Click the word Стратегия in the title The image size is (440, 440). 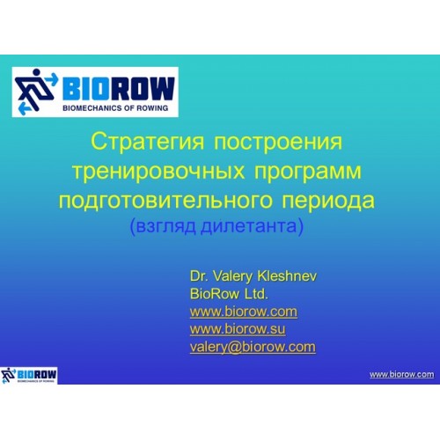coord(147,142)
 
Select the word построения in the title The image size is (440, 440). coord(278,142)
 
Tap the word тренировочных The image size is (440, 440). coord(158,171)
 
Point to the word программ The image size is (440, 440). coord(308,172)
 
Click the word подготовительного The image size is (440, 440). coord(165,201)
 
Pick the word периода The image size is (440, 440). coord(328,201)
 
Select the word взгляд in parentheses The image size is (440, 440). coord(163,227)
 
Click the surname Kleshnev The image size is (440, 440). coord(287,276)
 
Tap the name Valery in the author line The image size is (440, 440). coord(232,276)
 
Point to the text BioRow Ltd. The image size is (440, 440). coord(229,294)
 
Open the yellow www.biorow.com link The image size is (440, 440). coord(244,312)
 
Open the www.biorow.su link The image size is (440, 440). coord(238,329)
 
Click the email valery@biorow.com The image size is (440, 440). coord(253,348)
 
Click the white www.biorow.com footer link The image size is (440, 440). coord(402,375)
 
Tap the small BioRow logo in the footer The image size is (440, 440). coord(29,375)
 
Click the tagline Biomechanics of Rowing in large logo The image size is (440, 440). coord(115,108)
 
